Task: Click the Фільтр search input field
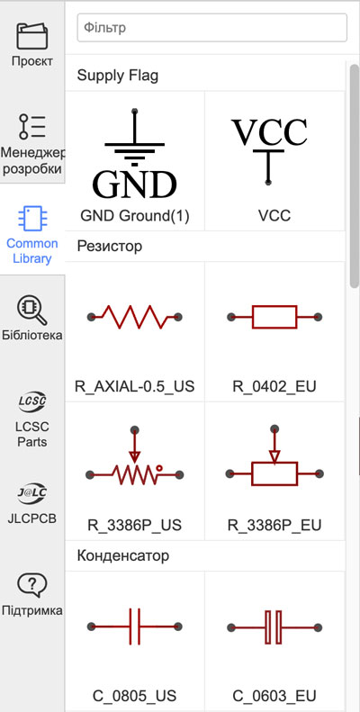tap(212, 28)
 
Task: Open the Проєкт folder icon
tap(32, 36)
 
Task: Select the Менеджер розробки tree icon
tap(32, 127)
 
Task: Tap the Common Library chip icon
tap(31, 219)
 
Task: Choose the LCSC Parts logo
tap(32, 401)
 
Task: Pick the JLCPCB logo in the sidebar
tap(32, 493)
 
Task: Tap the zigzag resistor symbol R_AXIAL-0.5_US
tap(134, 317)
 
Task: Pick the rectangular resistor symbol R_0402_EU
tap(274, 317)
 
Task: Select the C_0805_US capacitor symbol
tap(134, 626)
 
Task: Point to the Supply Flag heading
tap(118, 76)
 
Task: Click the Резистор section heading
tap(110, 246)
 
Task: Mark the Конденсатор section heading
tap(123, 554)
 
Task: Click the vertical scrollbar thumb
tap(354, 176)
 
